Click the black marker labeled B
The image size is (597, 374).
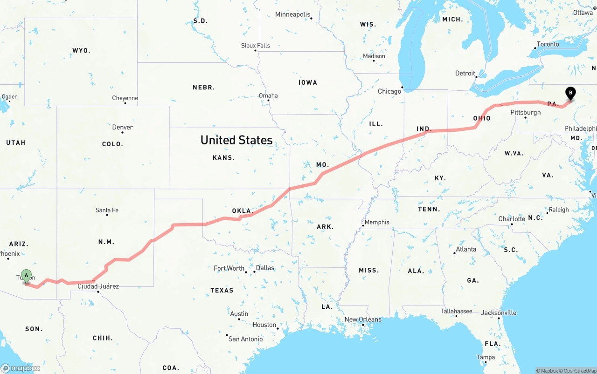coord(570,93)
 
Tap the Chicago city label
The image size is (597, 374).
coord(389,91)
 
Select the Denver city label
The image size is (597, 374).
coord(122,127)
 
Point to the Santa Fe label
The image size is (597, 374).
coord(107,210)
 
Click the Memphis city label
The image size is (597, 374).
coord(376,222)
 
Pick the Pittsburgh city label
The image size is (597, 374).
coord(525,112)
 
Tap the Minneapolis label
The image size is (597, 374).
coord(292,14)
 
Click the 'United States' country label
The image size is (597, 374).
coord(236,140)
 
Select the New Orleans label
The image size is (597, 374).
coord(362,320)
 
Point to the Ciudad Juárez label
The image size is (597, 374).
coord(98,286)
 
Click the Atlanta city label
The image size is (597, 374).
coord(465,249)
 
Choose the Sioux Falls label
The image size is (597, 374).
coord(255,46)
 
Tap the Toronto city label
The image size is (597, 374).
coord(548,44)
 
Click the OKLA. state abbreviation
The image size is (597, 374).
coord(243,211)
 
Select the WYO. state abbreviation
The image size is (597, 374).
coord(81,50)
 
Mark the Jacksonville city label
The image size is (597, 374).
coord(499,313)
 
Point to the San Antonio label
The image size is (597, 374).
coord(245,339)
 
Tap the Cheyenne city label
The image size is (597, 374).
coord(125,98)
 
